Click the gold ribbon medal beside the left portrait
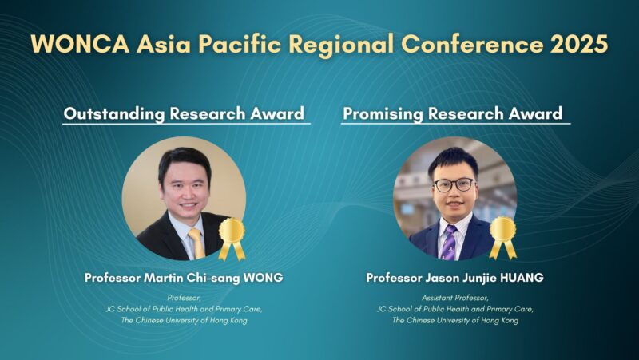pyautogui.click(x=232, y=237)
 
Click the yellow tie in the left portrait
pyautogui.click(x=196, y=243)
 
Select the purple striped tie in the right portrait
pyautogui.click(x=450, y=241)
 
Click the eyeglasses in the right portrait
pyautogui.click(x=453, y=184)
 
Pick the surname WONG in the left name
pyautogui.click(x=261, y=278)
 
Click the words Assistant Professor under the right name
pyautogui.click(x=454, y=296)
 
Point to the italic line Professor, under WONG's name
pyautogui.click(x=184, y=296)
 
